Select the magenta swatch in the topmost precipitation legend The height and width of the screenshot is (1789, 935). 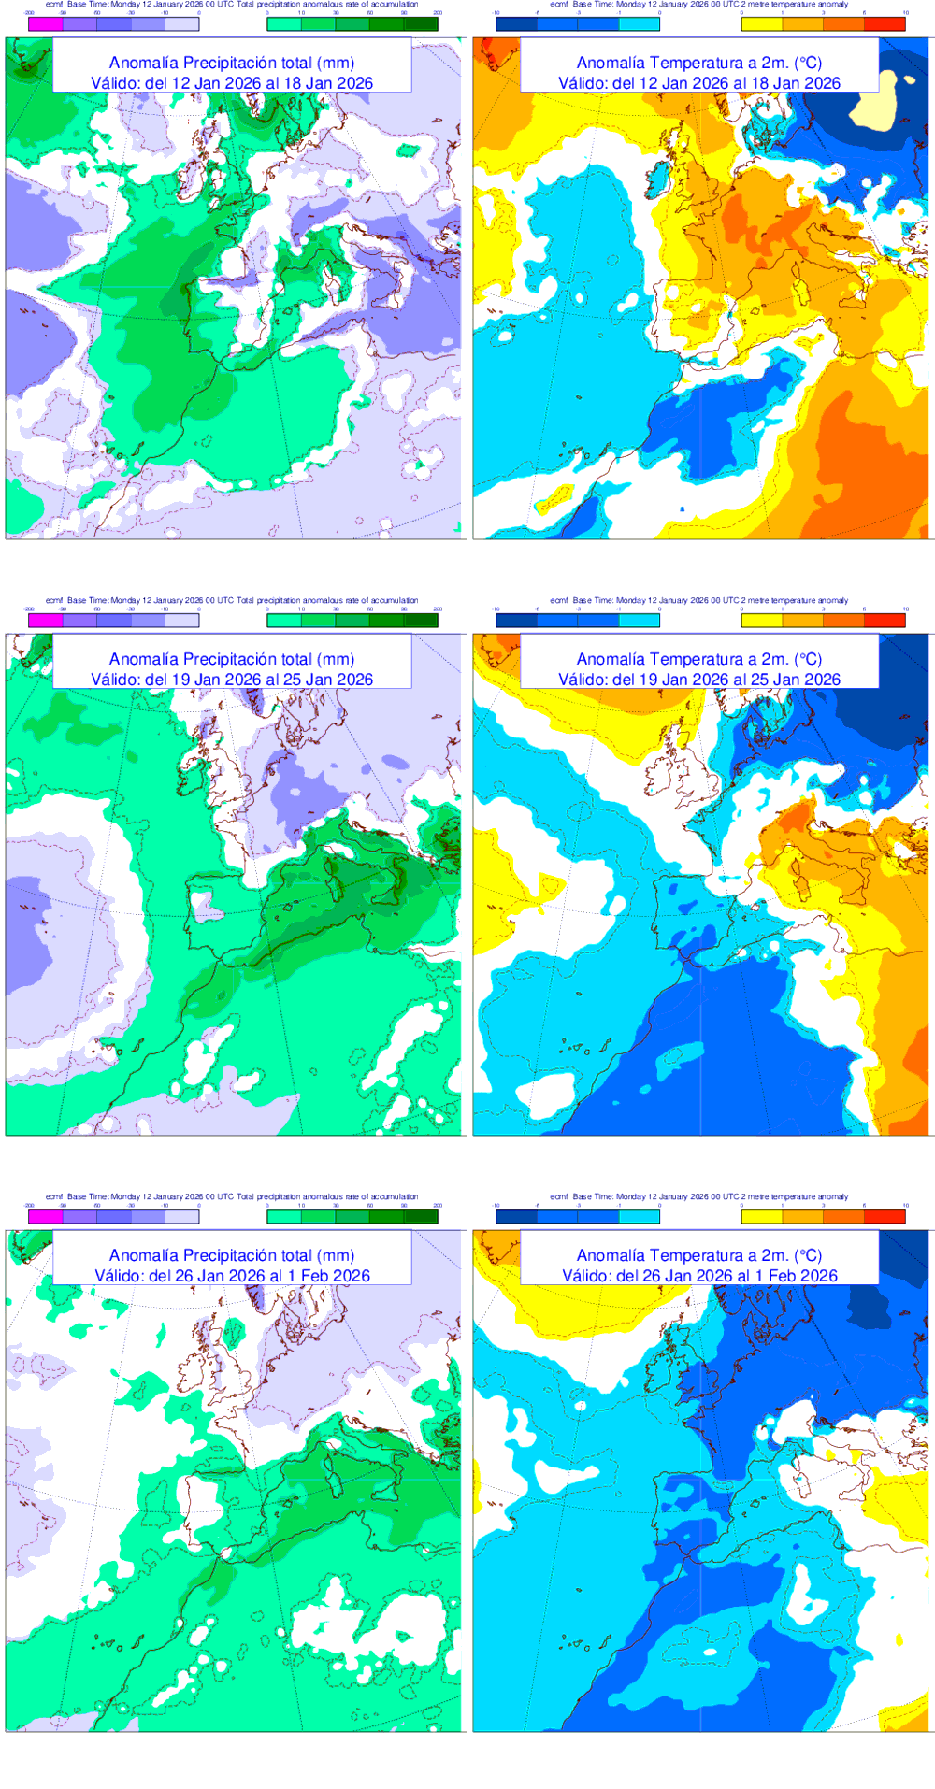[x=46, y=24]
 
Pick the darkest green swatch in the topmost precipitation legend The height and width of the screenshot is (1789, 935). [x=421, y=24]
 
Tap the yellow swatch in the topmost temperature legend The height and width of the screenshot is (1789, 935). [x=762, y=24]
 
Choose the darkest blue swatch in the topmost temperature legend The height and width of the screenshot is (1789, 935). [x=516, y=24]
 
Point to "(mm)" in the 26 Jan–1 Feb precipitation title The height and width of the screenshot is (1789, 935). [x=336, y=1255]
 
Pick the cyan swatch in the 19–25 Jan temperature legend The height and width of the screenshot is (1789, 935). [x=640, y=621]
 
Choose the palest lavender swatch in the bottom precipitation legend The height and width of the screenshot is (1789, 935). [x=182, y=1217]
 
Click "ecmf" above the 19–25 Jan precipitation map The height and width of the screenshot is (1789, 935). [x=54, y=600]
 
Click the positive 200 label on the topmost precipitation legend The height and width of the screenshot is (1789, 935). [x=437, y=13]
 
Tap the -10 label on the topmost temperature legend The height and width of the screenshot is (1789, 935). [x=496, y=13]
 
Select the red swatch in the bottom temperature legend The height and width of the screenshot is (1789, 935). [x=885, y=1217]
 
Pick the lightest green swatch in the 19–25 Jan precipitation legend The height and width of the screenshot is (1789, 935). [x=284, y=621]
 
